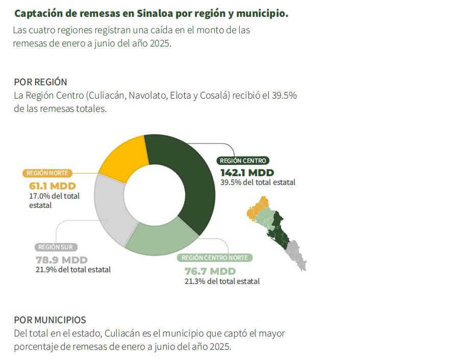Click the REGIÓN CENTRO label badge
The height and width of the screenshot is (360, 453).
243,160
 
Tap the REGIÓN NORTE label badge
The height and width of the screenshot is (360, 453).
47,173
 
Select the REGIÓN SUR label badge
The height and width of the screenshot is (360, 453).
56,247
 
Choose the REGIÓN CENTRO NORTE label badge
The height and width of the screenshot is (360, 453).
215,258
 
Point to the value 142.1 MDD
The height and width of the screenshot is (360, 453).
247,172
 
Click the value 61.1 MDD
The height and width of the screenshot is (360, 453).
49,185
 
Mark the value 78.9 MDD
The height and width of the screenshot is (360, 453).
62,259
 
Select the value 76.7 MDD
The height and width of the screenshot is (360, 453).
210,271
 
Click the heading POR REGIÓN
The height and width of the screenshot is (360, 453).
40,82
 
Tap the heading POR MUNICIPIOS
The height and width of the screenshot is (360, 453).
50,320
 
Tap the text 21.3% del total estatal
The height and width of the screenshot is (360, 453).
222,281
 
